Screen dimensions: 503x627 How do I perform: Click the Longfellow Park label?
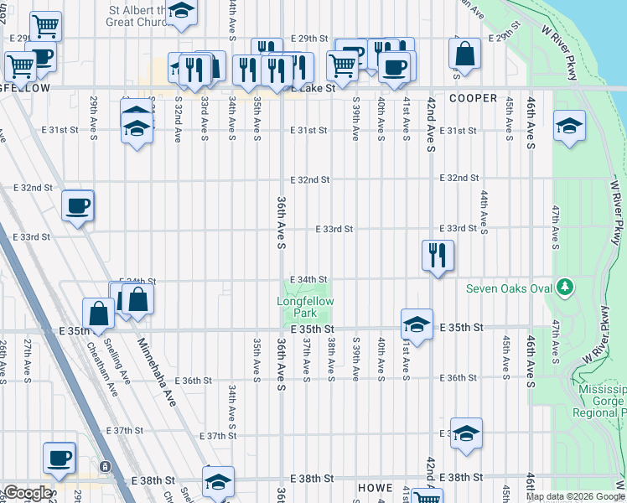click(x=306, y=307)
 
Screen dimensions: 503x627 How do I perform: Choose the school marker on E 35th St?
click(x=417, y=324)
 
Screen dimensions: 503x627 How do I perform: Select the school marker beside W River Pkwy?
click(x=570, y=126)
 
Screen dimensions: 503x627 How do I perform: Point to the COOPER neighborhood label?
click(x=473, y=98)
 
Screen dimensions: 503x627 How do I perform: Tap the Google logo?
click(x=28, y=493)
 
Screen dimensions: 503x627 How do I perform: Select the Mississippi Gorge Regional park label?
click(x=601, y=402)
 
